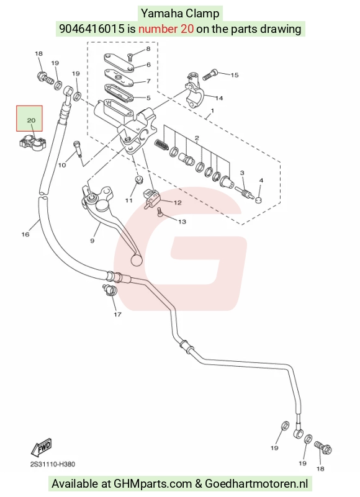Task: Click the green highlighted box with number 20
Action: [x=30, y=119]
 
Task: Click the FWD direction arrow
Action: [x=41, y=447]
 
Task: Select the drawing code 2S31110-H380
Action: [x=53, y=464]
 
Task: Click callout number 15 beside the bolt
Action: [x=235, y=75]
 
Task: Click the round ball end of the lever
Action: [x=137, y=260]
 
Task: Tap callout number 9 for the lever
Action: [x=92, y=241]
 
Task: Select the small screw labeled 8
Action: [x=130, y=57]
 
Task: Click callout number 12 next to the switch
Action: [x=178, y=202]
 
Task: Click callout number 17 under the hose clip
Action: [x=118, y=315]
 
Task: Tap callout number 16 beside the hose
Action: [x=25, y=235]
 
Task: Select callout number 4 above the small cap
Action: [x=261, y=181]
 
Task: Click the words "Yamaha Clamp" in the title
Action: [x=180, y=14]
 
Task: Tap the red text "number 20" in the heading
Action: [x=166, y=29]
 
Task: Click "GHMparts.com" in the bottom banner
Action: [x=153, y=484]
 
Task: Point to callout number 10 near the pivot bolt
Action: [x=62, y=165]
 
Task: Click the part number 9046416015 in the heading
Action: [x=92, y=29]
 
